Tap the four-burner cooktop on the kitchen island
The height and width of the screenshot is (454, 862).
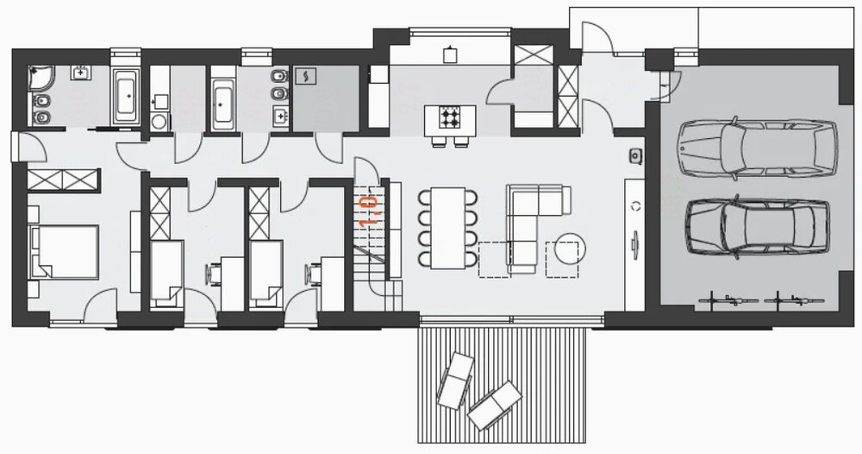(x=450, y=117)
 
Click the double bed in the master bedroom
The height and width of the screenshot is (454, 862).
(x=64, y=251)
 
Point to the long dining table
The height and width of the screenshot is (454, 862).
(x=448, y=228)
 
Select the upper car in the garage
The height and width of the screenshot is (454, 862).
(x=758, y=148)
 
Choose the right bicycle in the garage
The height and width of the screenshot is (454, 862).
(x=795, y=300)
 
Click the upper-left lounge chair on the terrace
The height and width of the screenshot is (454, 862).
(x=455, y=381)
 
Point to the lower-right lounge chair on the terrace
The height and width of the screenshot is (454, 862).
(x=494, y=406)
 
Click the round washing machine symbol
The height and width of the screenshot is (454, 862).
(x=159, y=121)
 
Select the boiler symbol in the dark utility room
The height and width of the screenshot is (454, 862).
(x=305, y=77)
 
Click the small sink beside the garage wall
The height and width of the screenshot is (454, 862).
(x=637, y=156)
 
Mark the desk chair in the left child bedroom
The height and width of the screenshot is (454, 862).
(x=213, y=274)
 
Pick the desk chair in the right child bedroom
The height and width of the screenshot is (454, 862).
(x=314, y=274)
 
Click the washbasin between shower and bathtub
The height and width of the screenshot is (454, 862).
(x=82, y=73)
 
